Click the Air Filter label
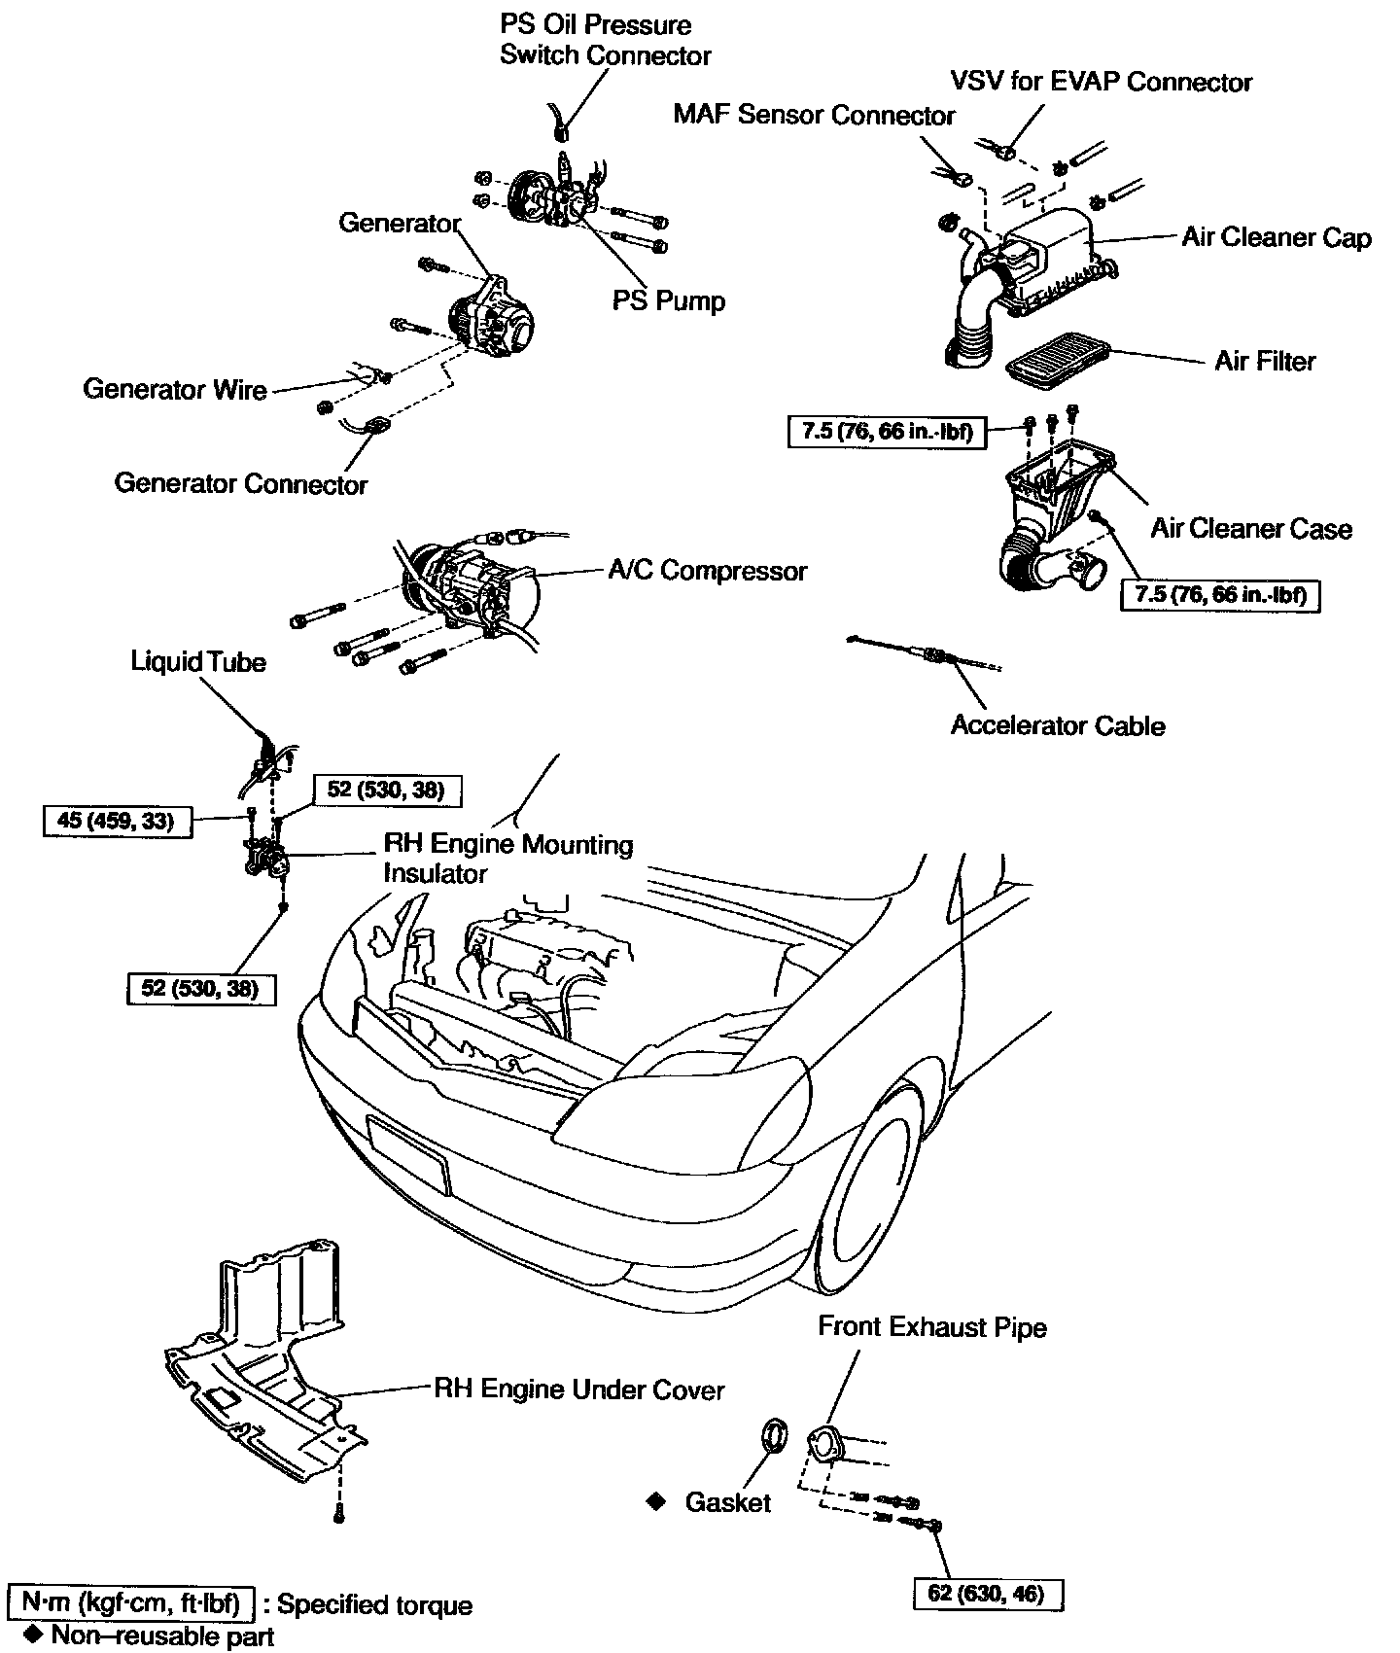click(x=1264, y=362)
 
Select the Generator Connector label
click(x=241, y=483)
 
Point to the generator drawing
click(x=491, y=321)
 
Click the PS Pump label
click(x=669, y=300)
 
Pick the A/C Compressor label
click(x=707, y=570)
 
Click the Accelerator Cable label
click(x=1057, y=725)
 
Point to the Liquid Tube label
click(x=198, y=662)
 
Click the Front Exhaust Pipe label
click(x=932, y=1327)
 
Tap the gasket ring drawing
click(x=776, y=1438)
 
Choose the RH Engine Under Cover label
click(x=578, y=1389)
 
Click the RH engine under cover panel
click(x=262, y=1361)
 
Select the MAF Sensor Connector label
click(x=814, y=116)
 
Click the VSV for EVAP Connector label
click(x=1101, y=82)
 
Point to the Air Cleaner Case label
click(x=1250, y=529)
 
